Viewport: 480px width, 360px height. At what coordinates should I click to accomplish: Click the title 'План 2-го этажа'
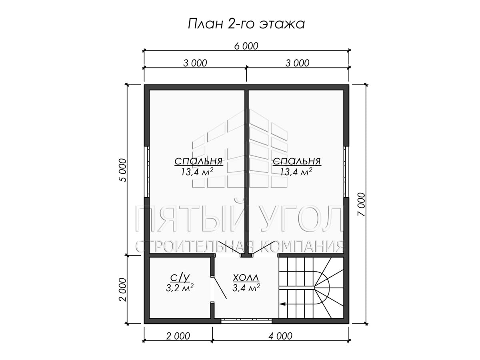(246, 24)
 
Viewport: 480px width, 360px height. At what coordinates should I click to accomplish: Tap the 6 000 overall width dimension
(246, 46)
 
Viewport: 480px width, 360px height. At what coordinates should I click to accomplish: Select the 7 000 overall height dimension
(361, 204)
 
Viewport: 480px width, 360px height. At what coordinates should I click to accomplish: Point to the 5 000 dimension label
(123, 170)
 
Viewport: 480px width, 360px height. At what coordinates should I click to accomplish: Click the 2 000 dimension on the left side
(123, 290)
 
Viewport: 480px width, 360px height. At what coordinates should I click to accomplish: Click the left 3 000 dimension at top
(195, 63)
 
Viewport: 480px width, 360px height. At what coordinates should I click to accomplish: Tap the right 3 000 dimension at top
(298, 63)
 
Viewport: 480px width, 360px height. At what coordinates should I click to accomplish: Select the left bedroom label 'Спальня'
(198, 162)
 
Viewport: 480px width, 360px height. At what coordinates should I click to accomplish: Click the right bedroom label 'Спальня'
(297, 162)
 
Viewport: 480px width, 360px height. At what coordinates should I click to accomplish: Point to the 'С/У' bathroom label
(180, 278)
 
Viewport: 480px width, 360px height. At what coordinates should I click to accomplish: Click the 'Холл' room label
(246, 278)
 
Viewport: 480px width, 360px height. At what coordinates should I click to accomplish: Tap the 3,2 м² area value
(180, 288)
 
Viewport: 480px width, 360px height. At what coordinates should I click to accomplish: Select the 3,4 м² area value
(246, 288)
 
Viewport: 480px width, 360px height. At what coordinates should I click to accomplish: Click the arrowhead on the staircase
(282, 304)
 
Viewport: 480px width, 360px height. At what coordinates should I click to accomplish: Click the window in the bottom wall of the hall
(246, 321)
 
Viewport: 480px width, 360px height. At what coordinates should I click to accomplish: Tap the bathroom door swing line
(219, 288)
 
